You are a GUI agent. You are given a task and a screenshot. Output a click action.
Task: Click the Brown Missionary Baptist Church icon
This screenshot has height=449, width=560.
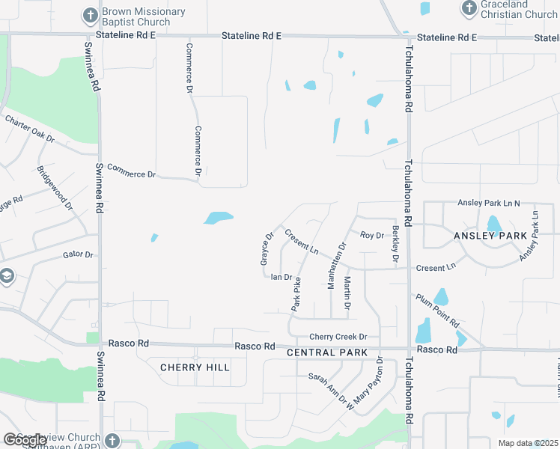coord(90,15)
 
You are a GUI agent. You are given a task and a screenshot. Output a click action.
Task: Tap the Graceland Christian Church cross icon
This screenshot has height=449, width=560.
coord(469,8)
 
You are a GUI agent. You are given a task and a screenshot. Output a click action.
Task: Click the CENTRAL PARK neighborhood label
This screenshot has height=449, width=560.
coord(327,352)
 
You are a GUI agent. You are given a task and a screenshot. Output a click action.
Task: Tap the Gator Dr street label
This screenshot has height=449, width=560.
coord(78,254)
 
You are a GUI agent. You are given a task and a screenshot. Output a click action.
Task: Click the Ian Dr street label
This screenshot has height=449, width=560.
coord(281,277)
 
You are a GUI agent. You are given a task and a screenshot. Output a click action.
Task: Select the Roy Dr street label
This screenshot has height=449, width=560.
coord(371,235)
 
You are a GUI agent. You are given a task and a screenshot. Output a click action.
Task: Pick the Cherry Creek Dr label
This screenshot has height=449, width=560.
coord(338,337)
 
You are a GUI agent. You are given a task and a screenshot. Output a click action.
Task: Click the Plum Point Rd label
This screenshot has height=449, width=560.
coord(438,310)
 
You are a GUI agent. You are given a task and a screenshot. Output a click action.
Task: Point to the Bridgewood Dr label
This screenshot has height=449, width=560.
coord(55,186)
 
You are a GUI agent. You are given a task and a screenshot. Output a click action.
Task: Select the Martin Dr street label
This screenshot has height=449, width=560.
coord(347,292)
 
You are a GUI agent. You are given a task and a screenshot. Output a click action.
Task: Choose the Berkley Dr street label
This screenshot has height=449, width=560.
coord(395,243)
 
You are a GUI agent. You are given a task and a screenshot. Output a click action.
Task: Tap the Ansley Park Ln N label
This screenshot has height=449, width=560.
coord(488,204)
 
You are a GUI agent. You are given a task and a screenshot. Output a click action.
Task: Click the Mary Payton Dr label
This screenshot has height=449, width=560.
coord(369,382)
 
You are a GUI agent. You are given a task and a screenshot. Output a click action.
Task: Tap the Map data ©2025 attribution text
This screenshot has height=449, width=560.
coord(528,443)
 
